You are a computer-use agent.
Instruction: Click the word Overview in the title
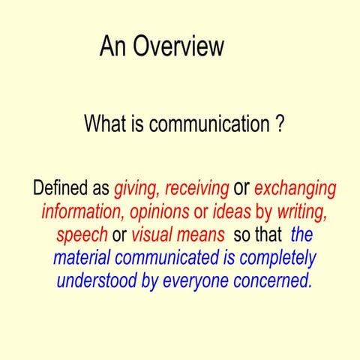[178, 46]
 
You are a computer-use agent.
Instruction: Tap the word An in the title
[114, 46]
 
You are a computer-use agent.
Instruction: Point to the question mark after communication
[279, 123]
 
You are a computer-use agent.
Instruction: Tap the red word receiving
[196, 187]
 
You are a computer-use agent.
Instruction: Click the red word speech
[82, 235]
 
